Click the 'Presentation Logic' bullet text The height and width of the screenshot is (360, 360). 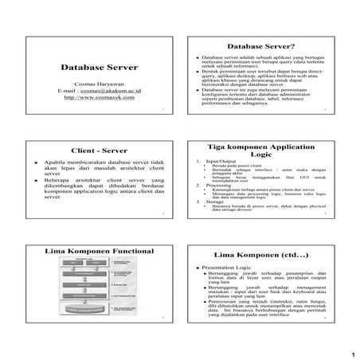click(229, 268)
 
